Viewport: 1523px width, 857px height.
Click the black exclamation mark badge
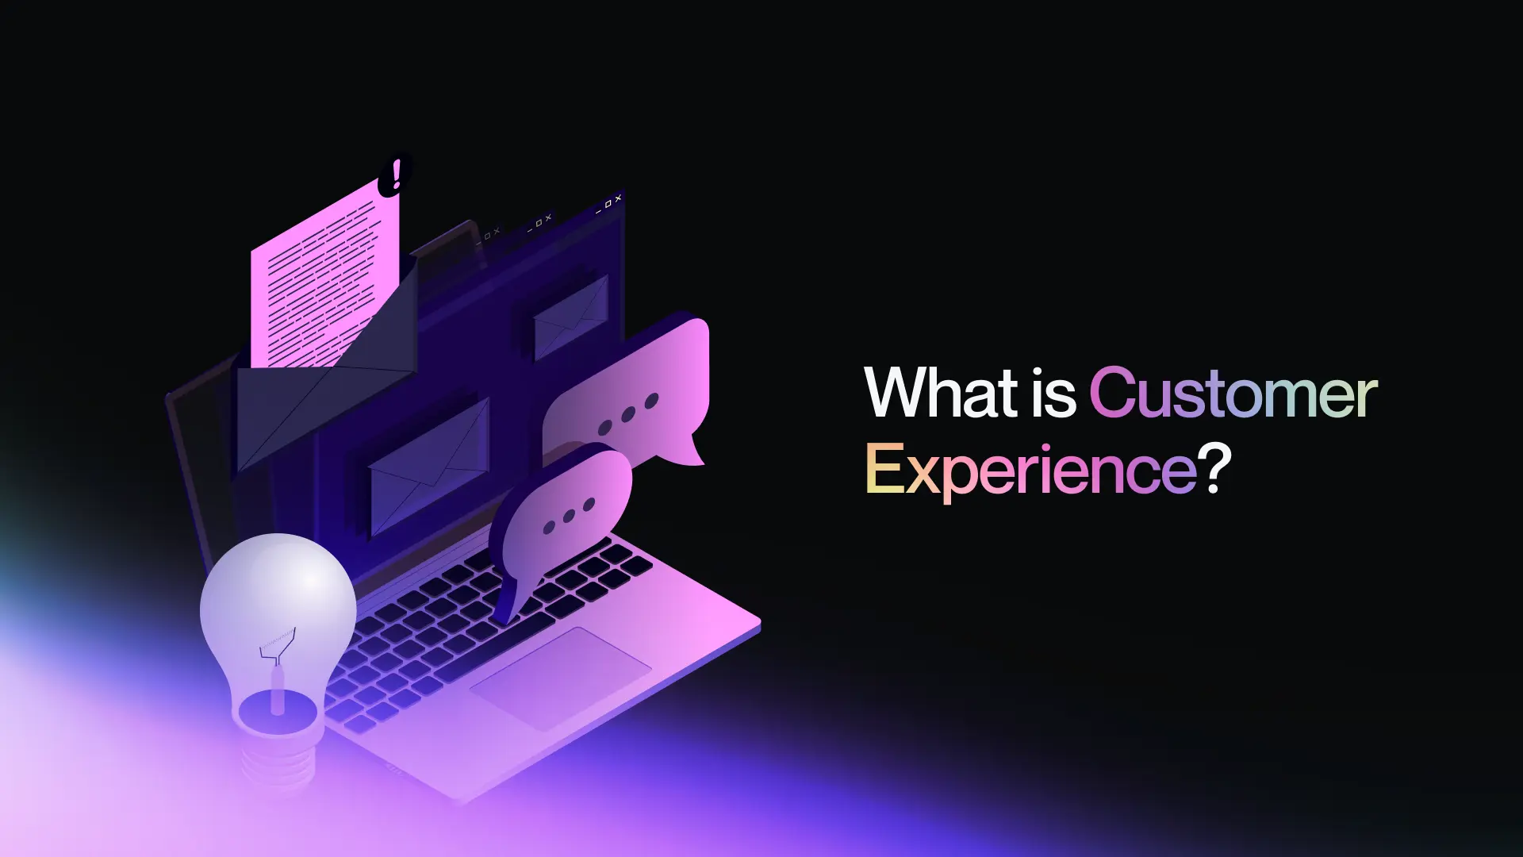(394, 174)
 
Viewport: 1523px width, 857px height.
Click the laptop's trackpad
(560, 678)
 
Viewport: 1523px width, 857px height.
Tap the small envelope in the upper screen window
(571, 317)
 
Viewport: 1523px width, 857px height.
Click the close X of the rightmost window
(619, 198)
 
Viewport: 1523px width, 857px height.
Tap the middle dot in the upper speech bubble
(628, 414)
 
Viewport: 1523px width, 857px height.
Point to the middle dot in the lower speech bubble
(569, 516)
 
